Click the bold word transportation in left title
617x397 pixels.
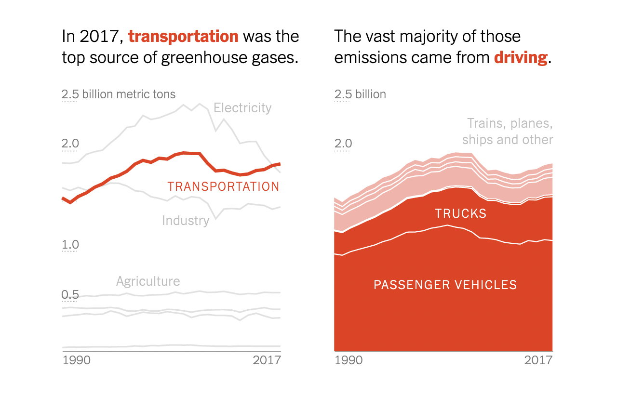(x=183, y=37)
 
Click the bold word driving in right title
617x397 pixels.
(x=521, y=58)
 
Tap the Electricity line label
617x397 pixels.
(x=242, y=107)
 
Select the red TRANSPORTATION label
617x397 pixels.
(x=223, y=186)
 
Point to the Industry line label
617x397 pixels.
(x=186, y=221)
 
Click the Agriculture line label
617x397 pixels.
(x=148, y=281)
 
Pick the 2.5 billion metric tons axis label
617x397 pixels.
(x=119, y=94)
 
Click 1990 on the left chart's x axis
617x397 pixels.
(x=76, y=360)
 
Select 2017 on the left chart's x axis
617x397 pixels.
(x=267, y=360)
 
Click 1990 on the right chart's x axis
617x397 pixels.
(x=348, y=360)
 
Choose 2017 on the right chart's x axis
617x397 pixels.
(x=538, y=360)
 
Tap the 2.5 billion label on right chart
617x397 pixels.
(x=360, y=94)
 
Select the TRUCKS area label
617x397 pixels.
(x=460, y=213)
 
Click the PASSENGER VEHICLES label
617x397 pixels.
(x=445, y=285)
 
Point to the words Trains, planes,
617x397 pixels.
(x=510, y=123)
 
